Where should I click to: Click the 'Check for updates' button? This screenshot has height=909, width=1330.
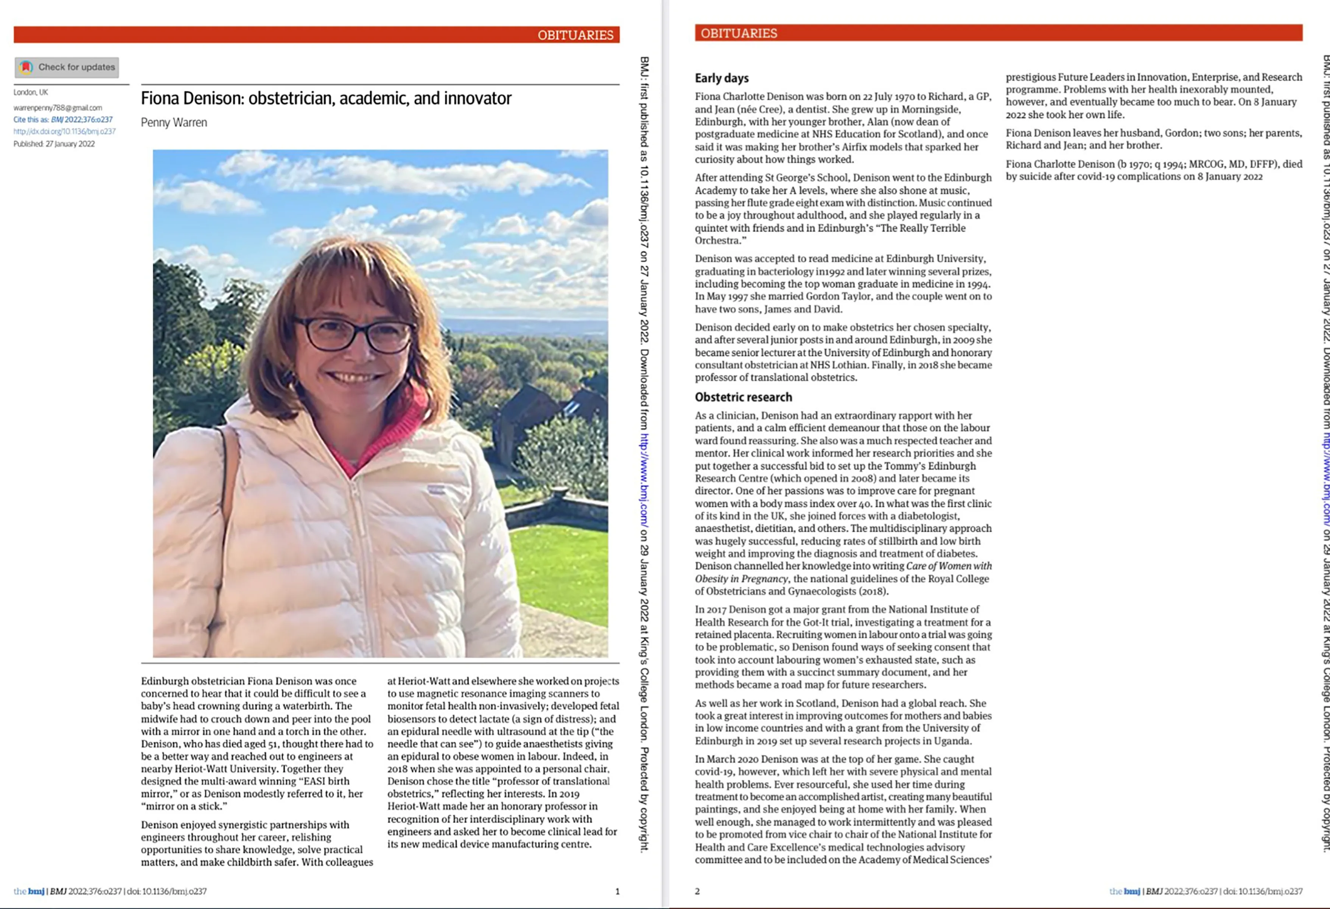tap(67, 67)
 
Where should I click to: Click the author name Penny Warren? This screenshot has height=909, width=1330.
tap(174, 123)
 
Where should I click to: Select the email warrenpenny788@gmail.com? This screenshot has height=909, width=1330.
tap(58, 108)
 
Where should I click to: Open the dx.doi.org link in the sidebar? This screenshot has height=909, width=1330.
tap(65, 131)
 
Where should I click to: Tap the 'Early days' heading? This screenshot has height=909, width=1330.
tap(722, 78)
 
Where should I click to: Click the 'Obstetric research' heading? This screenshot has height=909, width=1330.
tap(744, 397)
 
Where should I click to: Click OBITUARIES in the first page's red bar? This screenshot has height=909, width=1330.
tap(575, 35)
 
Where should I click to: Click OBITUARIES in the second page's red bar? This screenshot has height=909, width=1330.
tap(739, 33)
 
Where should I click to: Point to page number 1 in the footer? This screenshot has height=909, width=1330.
tap(617, 891)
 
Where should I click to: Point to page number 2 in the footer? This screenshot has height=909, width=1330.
tap(697, 891)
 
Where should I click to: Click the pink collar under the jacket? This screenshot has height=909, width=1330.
tap(401, 435)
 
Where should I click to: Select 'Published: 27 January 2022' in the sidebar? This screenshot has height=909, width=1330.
tap(54, 144)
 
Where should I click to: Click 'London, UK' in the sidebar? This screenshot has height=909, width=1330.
tap(31, 92)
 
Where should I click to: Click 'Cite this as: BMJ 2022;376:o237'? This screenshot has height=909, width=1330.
tap(63, 120)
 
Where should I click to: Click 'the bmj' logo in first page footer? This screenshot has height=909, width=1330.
tap(29, 891)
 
